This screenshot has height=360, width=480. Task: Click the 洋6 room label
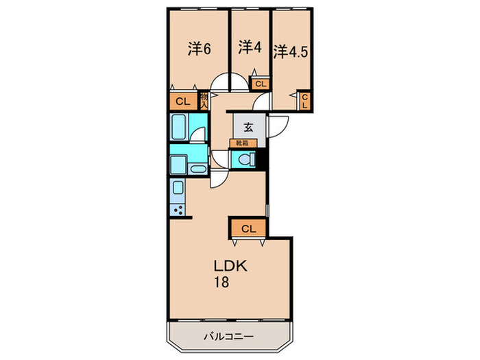point(199,49)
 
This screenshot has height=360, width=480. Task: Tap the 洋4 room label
point(250,47)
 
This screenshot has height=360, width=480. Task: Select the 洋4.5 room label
point(291,51)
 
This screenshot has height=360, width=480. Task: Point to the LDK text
point(226,266)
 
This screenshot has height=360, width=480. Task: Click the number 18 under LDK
point(220,282)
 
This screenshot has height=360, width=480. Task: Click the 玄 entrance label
point(246,128)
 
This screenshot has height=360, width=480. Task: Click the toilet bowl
point(243,160)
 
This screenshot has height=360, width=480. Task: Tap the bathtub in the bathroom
point(179,127)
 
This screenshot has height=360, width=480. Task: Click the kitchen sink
point(178,188)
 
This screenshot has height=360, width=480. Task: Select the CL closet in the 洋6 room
point(182,101)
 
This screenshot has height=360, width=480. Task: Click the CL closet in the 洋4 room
point(260,84)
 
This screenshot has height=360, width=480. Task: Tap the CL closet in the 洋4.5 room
point(305,101)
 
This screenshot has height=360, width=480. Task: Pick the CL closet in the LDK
point(248,228)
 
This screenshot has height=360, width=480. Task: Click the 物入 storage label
point(204,101)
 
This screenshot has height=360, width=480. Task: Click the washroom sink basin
point(197,169)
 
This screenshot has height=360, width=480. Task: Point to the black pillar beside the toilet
point(261,159)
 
